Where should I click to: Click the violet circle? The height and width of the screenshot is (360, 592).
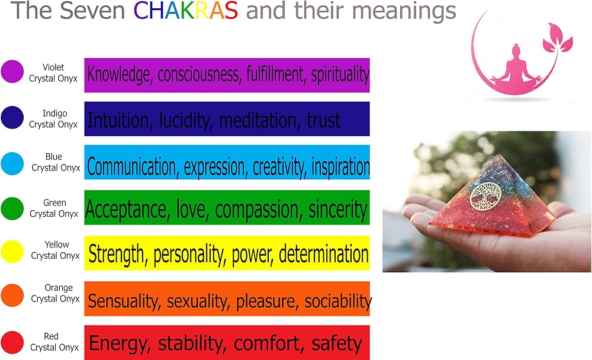12,72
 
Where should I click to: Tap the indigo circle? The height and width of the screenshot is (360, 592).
12,117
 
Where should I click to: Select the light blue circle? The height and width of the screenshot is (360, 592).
12,163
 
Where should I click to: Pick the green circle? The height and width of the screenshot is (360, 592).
12,208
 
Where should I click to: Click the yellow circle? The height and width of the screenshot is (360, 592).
12,252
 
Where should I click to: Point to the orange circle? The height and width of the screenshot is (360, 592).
12,295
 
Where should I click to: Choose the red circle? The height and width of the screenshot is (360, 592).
12,342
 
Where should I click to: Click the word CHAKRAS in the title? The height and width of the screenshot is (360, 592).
186,10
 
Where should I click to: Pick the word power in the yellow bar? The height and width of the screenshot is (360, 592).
252,254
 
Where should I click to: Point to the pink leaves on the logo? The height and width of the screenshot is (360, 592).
557,39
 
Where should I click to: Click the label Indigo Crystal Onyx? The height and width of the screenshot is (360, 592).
53,118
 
